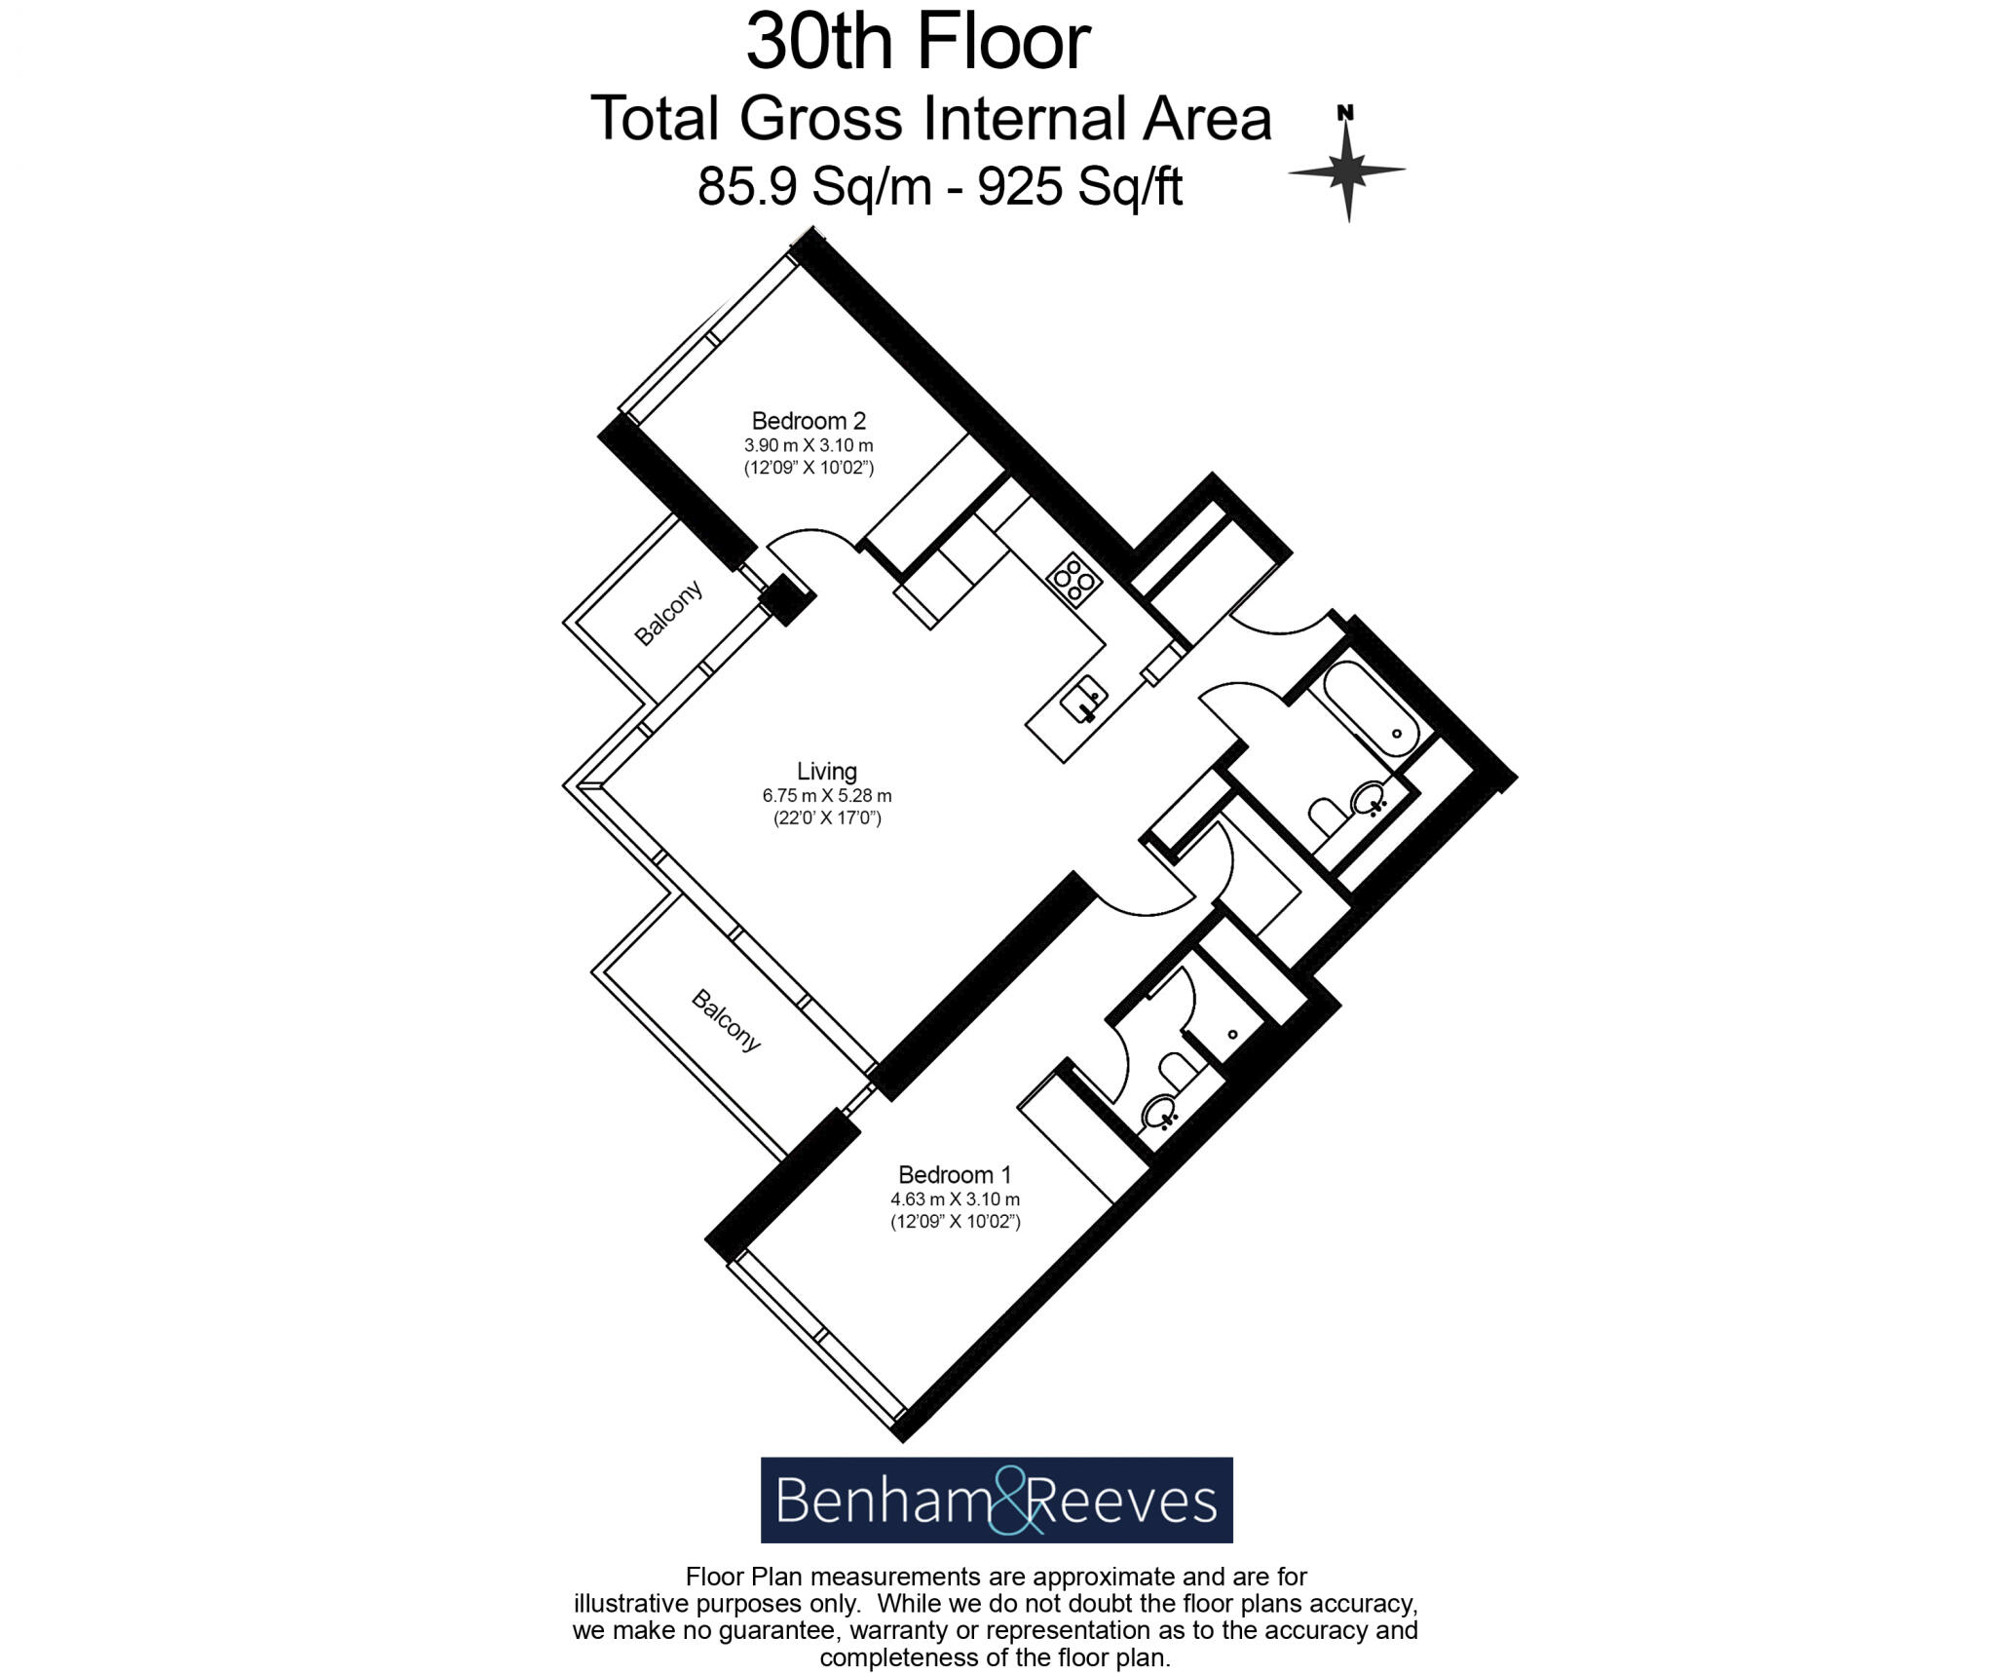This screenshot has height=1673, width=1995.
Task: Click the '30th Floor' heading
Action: [x=918, y=44]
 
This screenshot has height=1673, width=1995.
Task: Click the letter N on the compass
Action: [x=1345, y=113]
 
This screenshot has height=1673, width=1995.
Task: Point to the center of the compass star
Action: [x=1347, y=171]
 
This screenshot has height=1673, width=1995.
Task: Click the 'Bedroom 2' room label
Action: [x=809, y=421]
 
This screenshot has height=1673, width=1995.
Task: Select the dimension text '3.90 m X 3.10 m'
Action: [x=809, y=445]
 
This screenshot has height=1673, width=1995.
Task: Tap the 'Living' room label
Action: [x=826, y=771]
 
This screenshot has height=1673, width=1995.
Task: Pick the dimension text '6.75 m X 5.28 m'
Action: [x=826, y=795]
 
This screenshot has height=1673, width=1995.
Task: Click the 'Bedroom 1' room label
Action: [x=954, y=1174]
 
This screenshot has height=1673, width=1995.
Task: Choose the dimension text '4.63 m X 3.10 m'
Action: [x=954, y=1198]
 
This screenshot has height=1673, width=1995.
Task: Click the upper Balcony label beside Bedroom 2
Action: [x=667, y=614]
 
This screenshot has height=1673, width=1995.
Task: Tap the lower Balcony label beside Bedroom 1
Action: [x=726, y=1020]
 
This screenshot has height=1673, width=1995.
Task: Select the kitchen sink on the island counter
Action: [x=1084, y=700]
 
